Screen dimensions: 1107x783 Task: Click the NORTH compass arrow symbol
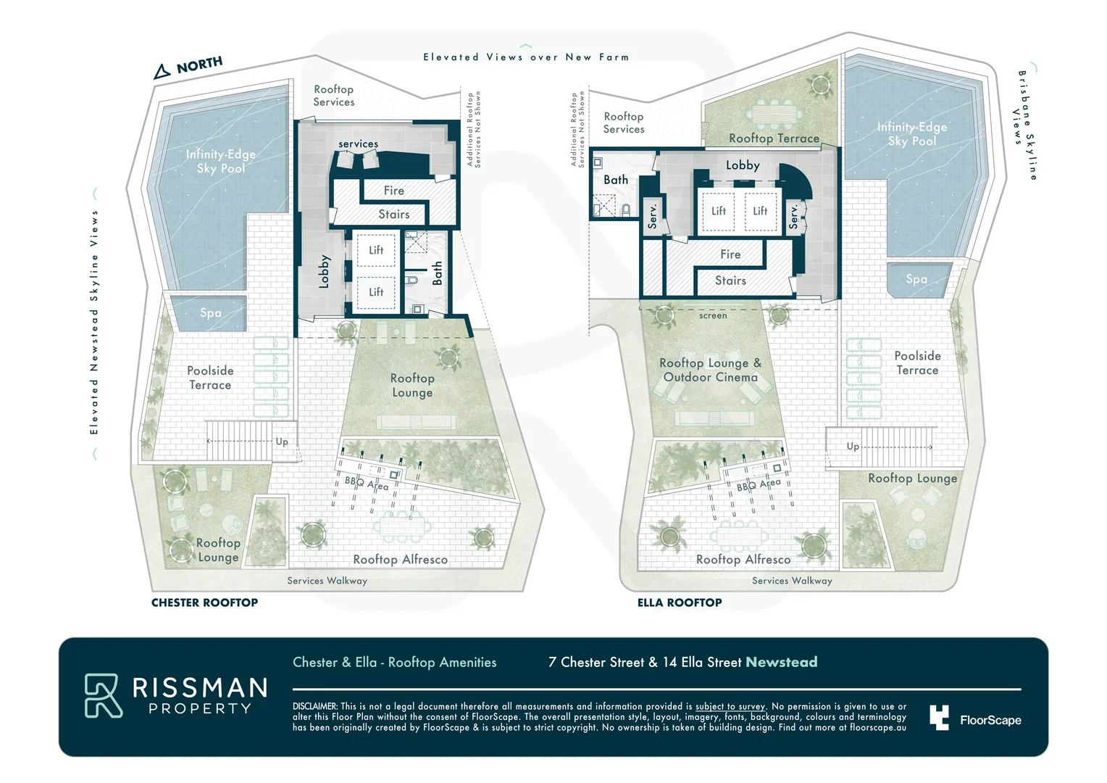click(x=161, y=72)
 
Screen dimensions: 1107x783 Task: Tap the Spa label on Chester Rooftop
click(x=211, y=313)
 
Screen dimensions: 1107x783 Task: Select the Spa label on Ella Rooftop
click(x=916, y=279)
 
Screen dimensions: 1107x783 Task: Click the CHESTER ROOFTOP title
click(x=204, y=602)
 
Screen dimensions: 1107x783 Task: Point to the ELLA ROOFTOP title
click(x=680, y=602)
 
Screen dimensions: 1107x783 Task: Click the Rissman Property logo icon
click(x=104, y=695)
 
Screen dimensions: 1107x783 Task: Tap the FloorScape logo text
click(x=990, y=720)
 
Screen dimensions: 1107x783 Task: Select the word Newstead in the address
click(x=781, y=662)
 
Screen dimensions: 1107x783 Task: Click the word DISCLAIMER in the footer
click(x=315, y=706)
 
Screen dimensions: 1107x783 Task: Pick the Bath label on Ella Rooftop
click(x=616, y=180)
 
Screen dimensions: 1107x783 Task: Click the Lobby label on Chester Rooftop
click(x=324, y=271)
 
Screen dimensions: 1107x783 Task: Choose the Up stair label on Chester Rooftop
click(x=282, y=442)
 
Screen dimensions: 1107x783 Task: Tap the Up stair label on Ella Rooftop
click(x=853, y=447)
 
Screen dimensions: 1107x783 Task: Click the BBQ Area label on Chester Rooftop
click(x=366, y=484)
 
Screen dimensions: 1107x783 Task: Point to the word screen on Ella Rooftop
click(x=713, y=315)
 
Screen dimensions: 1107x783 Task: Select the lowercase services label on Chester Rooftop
click(x=359, y=144)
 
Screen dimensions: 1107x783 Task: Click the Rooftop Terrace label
click(x=774, y=138)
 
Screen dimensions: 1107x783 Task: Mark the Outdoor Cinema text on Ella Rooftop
click(x=710, y=377)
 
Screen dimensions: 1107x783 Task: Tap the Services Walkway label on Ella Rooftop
click(x=792, y=581)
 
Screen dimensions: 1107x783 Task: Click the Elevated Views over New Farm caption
click(x=526, y=57)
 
